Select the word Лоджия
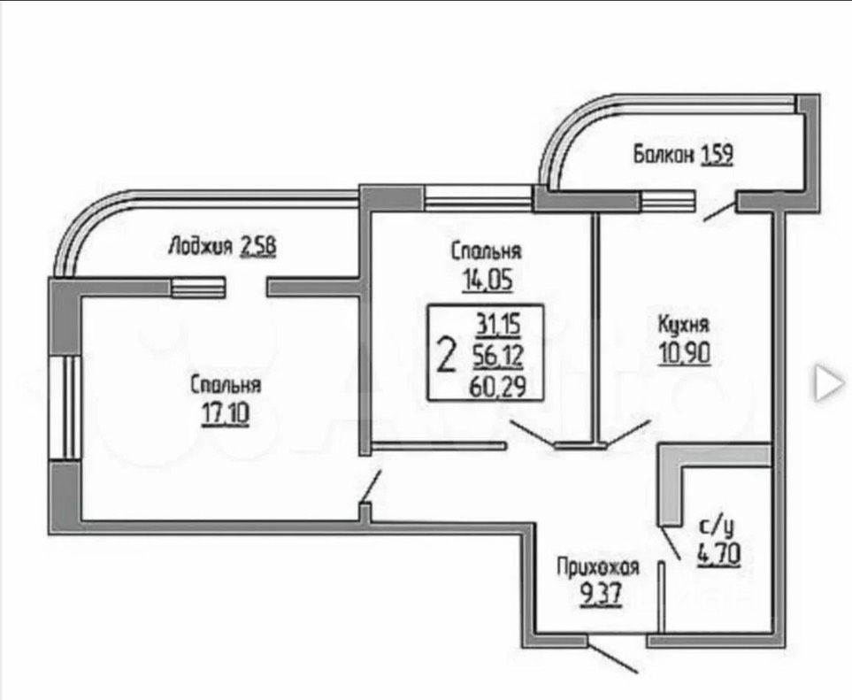click(x=201, y=245)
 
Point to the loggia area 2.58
click(x=258, y=245)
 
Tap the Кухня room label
click(x=684, y=325)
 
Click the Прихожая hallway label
click(x=598, y=566)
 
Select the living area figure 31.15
click(x=498, y=326)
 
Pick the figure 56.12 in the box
click(x=498, y=356)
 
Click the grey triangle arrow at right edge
click(x=829, y=381)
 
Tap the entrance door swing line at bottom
click(x=613, y=656)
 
